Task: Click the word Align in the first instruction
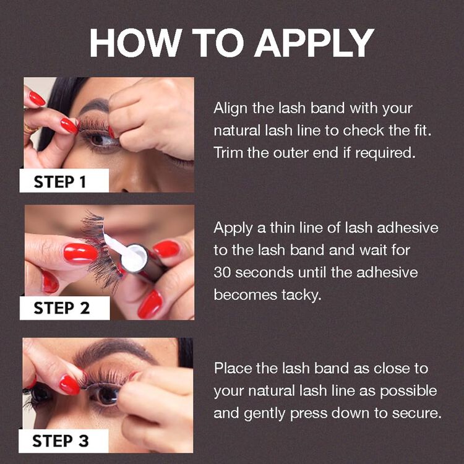(231, 108)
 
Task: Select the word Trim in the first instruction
(228, 153)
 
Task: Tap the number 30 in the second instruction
(223, 272)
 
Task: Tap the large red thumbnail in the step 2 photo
(80, 253)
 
